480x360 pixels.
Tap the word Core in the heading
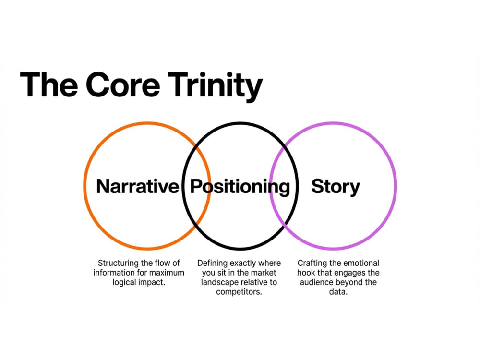pos(123,84)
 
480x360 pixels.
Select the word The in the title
pos(49,84)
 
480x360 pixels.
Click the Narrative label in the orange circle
pos(137,186)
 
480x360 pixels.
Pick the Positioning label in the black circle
pos(240,187)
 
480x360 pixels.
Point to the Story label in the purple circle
pos(336,187)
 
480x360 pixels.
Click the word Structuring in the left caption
pos(119,264)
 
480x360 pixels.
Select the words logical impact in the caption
pos(139,283)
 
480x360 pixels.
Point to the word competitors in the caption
pos(239,292)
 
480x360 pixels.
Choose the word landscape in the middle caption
pos(219,283)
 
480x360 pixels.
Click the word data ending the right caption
pos(337,292)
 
